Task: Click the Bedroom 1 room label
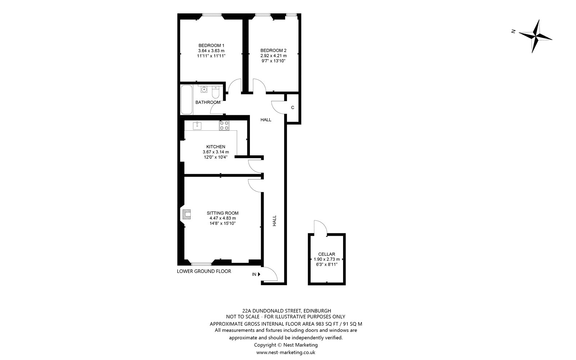[211, 45]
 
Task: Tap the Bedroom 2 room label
[273, 50]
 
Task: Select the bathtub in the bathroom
[186, 99]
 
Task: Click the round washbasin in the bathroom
[204, 90]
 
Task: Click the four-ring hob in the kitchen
[224, 126]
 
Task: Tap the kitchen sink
[197, 126]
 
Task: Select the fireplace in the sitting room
[187, 214]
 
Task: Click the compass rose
[535, 36]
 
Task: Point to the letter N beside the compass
[513, 31]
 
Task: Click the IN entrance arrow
[259, 274]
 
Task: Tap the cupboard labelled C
[293, 108]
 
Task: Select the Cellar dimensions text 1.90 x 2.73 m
[327, 259]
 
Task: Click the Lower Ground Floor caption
[204, 271]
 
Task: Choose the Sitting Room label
[222, 213]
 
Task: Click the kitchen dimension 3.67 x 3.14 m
[216, 152]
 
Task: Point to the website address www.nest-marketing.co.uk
[286, 352]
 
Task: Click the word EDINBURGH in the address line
[317, 311]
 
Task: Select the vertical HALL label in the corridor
[274, 221]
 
